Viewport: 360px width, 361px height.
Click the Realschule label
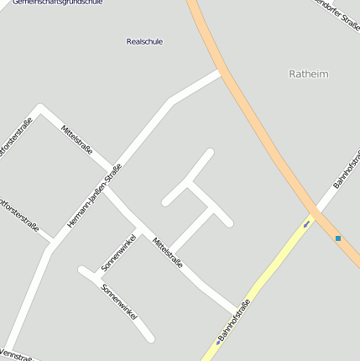144,41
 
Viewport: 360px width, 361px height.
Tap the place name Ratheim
308,74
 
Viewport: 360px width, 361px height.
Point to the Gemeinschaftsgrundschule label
57,3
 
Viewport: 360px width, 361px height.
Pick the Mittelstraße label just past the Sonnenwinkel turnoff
168,259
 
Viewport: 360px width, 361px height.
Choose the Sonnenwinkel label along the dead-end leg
118,301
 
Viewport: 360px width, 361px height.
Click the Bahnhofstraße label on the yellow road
235,321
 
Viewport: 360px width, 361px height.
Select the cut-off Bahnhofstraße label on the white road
345,171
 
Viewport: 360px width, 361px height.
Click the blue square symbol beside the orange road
338,238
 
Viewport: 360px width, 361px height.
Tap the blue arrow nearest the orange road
306,224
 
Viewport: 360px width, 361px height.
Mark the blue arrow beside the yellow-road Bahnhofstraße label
218,341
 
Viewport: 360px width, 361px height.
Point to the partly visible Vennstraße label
17,355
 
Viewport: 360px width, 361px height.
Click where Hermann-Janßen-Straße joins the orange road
221,73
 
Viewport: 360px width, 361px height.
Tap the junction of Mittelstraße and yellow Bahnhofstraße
236,306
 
